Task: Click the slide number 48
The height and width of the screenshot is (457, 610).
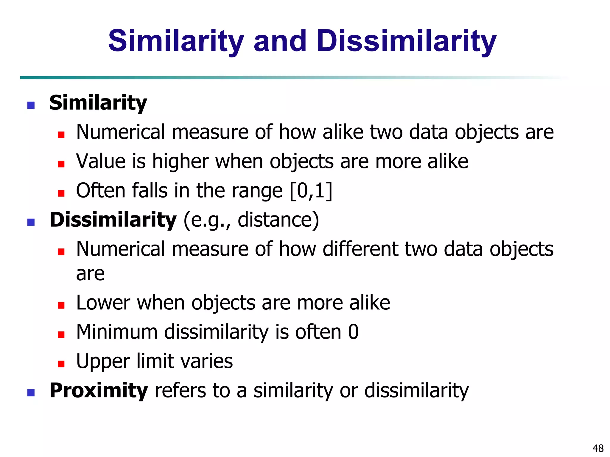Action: [x=598, y=448]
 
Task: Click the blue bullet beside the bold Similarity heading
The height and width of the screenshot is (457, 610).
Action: [x=31, y=105]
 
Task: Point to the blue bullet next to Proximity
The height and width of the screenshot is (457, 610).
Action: [x=31, y=393]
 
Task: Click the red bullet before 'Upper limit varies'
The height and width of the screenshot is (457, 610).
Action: [x=61, y=364]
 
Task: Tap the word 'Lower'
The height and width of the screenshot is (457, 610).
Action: [x=103, y=303]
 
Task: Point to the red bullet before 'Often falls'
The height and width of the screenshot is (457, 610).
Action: [x=61, y=193]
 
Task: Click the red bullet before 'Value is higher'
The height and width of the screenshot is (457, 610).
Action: [x=61, y=164]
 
